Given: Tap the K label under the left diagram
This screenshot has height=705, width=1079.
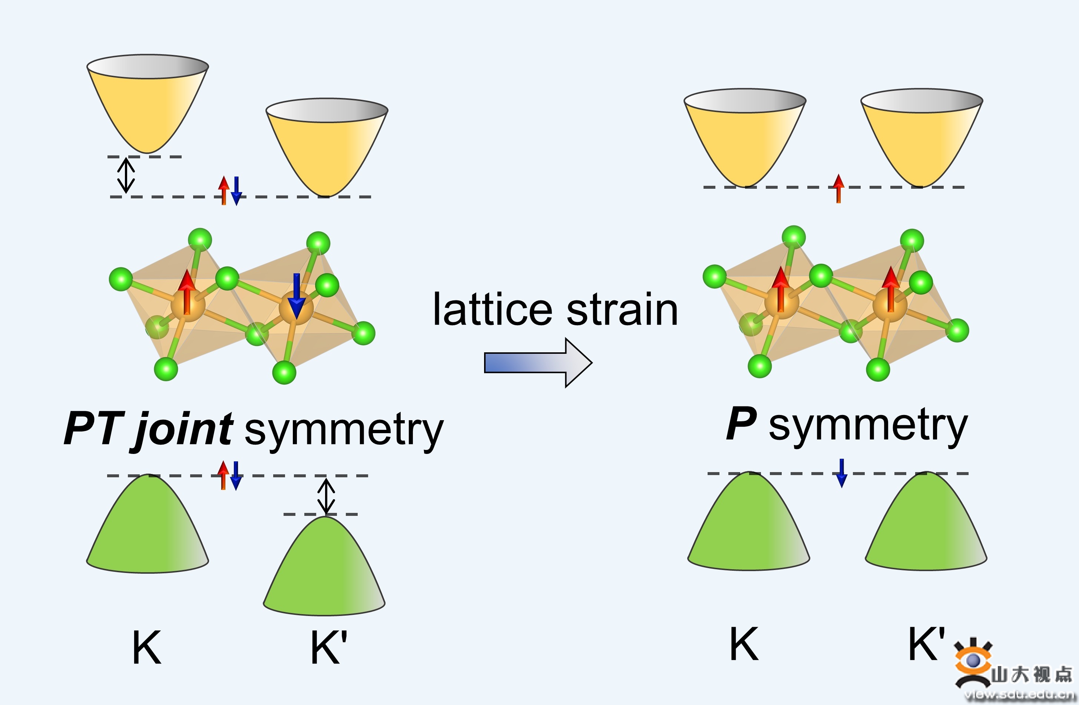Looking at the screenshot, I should tap(146, 648).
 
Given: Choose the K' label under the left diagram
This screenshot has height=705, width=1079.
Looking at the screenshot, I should tap(328, 648).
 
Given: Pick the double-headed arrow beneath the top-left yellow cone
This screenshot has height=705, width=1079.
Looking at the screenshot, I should tap(126, 175).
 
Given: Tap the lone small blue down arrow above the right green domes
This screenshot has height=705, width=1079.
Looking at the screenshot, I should tap(841, 473).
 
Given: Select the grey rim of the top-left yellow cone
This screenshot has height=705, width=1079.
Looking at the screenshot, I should tap(148, 67).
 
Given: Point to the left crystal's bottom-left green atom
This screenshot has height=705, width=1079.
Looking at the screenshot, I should tap(166, 369).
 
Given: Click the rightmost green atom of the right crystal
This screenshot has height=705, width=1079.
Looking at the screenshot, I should tap(957, 330).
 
